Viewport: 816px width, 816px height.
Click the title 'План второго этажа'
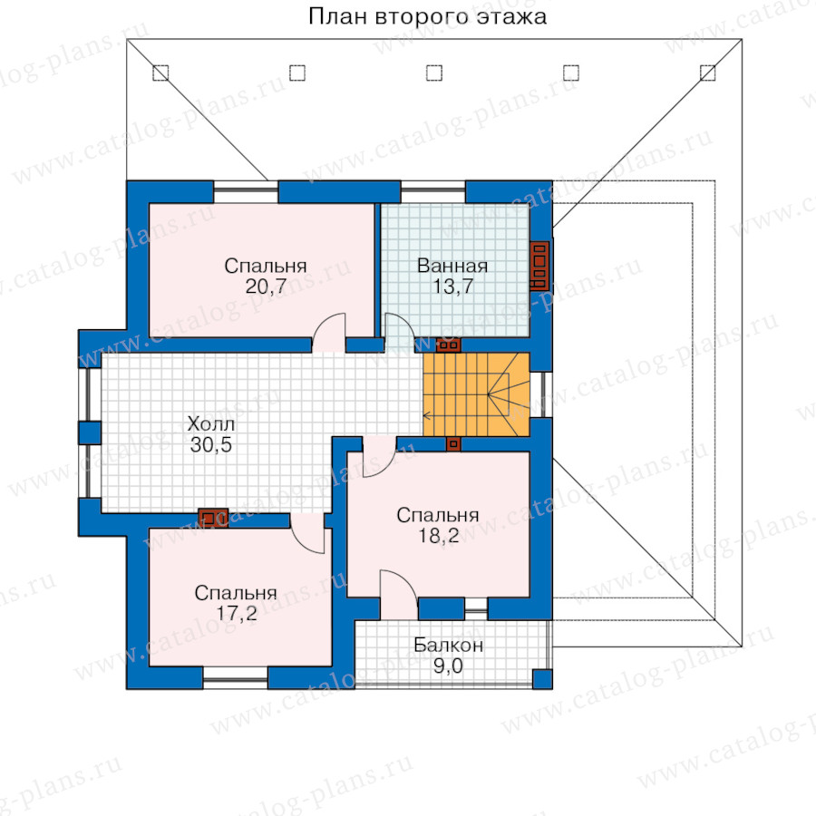(x=427, y=16)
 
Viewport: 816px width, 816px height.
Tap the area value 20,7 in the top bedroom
(x=266, y=287)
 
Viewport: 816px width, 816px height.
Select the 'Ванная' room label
(x=452, y=266)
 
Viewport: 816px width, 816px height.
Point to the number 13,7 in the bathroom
(x=452, y=287)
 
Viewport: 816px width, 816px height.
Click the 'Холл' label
(x=210, y=424)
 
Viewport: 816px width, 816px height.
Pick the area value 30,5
(x=210, y=445)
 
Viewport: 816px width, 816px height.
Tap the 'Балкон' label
(x=448, y=646)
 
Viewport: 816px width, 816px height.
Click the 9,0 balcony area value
(x=448, y=666)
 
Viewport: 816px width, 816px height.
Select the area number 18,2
(x=439, y=536)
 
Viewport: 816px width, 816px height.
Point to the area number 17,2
(x=237, y=614)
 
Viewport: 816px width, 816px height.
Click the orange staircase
(x=476, y=394)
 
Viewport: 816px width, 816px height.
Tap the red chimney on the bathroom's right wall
(x=539, y=266)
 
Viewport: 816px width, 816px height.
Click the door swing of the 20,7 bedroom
(x=329, y=332)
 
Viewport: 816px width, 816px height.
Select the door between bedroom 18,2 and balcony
(x=399, y=594)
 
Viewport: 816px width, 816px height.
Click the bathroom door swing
(x=399, y=333)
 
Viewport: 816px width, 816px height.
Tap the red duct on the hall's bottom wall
(x=213, y=518)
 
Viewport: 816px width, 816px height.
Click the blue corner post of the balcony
(x=542, y=679)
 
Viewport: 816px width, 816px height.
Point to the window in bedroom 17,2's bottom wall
(x=235, y=677)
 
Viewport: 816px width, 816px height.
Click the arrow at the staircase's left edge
(x=427, y=416)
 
